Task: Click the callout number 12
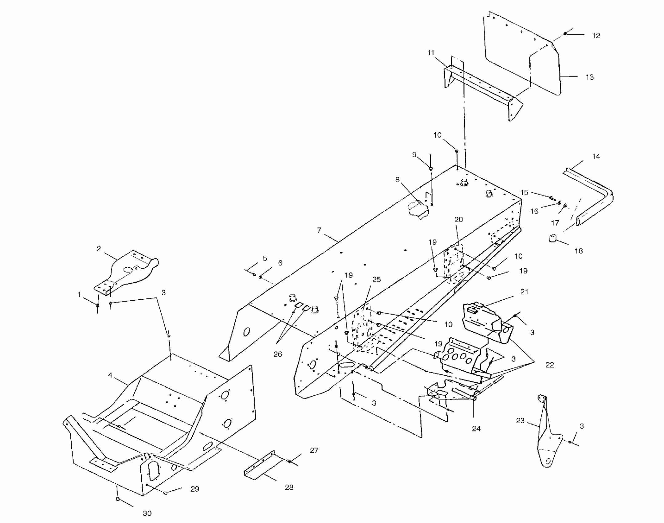tap(596, 36)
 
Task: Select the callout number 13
tap(589, 77)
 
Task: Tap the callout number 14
tap(596, 157)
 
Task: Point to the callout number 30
tap(147, 513)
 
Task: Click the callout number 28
tap(289, 487)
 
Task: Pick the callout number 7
tap(319, 230)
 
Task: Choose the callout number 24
tap(476, 429)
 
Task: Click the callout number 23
tap(520, 421)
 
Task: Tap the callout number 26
tap(277, 354)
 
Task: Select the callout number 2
tap(99, 249)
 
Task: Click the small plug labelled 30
tap(117, 499)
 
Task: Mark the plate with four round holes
tap(458, 357)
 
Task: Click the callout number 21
tap(524, 292)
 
